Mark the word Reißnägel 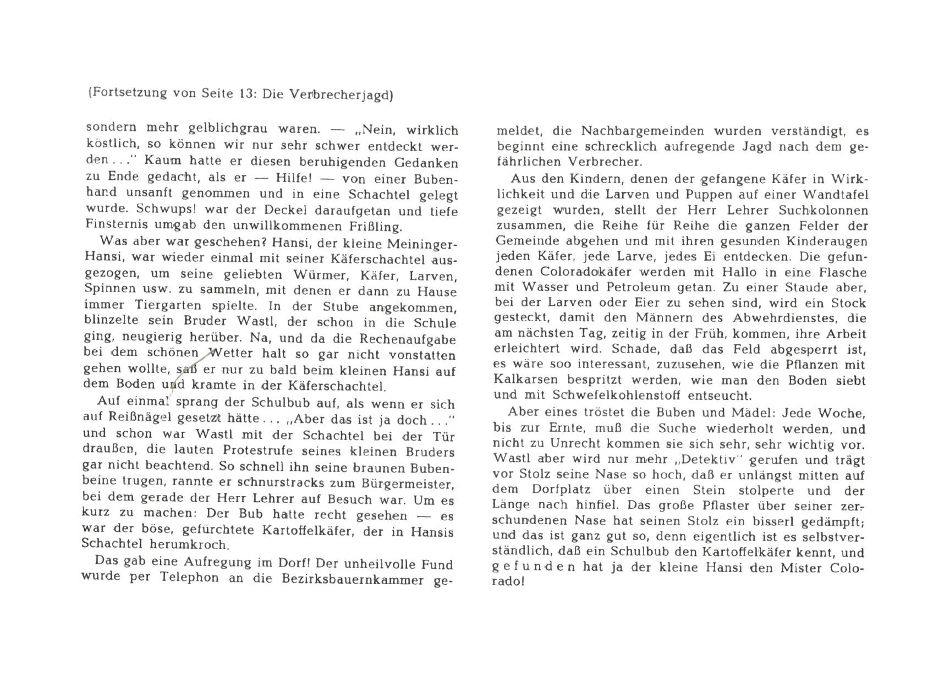pyautogui.click(x=142, y=419)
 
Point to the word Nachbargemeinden pyautogui.click(x=640, y=131)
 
